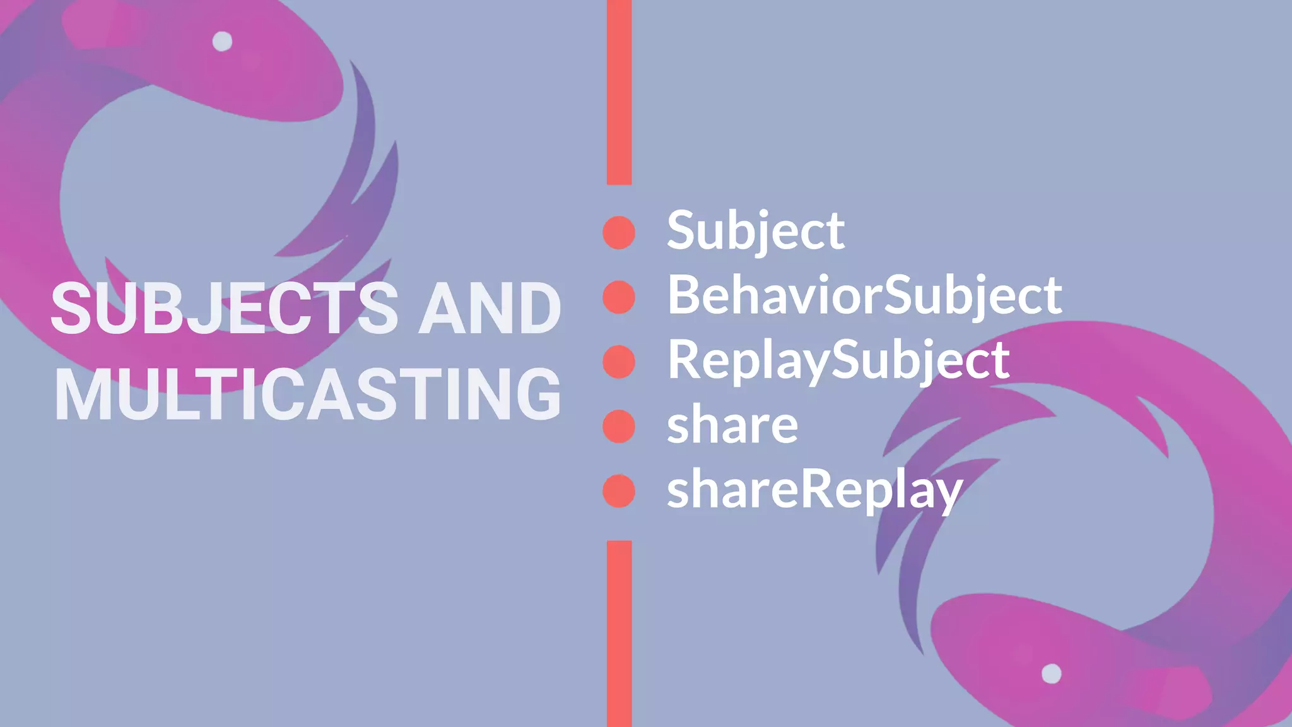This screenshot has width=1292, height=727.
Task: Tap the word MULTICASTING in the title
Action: tap(308, 395)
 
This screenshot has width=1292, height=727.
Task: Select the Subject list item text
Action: tap(755, 231)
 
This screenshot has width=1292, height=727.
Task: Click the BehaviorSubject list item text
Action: tap(864, 295)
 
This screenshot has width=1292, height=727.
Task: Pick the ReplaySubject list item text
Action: tap(838, 360)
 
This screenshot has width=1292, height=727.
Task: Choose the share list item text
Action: tap(732, 425)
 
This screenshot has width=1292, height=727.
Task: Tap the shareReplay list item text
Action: tap(814, 490)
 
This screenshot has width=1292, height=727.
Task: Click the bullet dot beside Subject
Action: tap(619, 232)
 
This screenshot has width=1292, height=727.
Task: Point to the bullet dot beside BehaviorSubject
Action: tap(619, 297)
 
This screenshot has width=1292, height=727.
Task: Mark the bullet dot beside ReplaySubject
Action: tap(619, 362)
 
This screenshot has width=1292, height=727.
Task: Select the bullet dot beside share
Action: tap(619, 427)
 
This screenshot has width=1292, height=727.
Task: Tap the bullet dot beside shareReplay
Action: tap(619, 491)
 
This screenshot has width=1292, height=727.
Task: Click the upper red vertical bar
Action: tap(619, 92)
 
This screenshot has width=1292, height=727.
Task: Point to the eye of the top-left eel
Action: tap(222, 41)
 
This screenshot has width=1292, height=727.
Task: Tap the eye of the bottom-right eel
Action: tap(1051, 673)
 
